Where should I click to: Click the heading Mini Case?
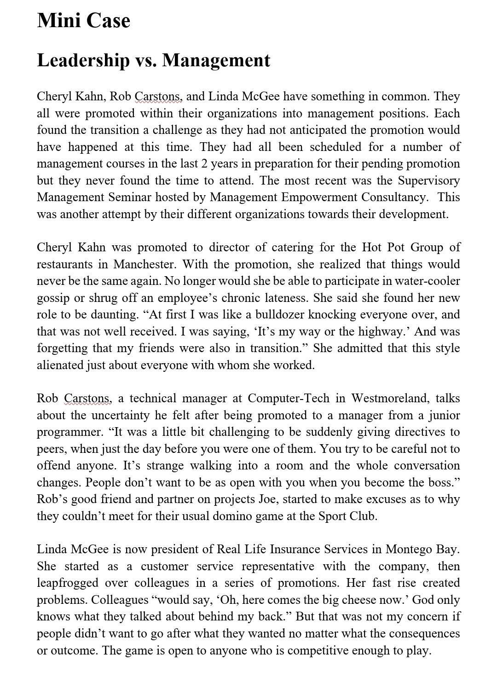pos(83,21)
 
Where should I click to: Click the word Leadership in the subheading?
pos(83,60)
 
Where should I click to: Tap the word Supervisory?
pos(428,180)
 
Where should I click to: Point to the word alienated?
pos(60,365)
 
